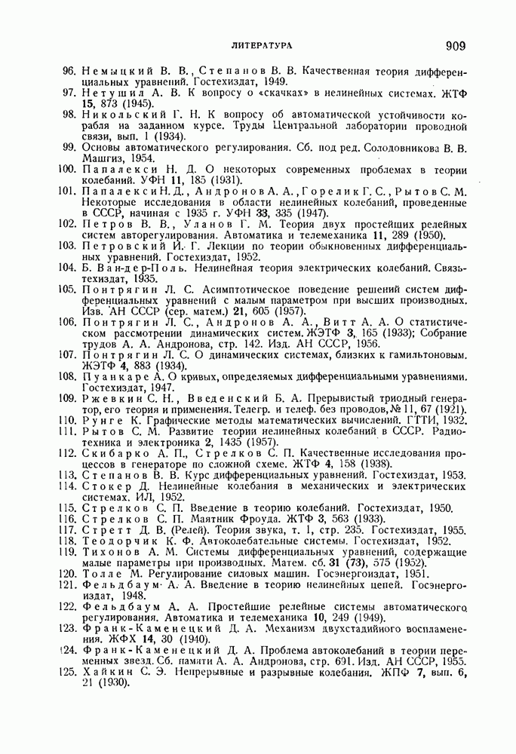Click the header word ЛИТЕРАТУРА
coord(263,47)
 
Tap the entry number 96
coord(70,72)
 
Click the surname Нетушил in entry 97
coord(107,93)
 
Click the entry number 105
coord(68,289)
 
